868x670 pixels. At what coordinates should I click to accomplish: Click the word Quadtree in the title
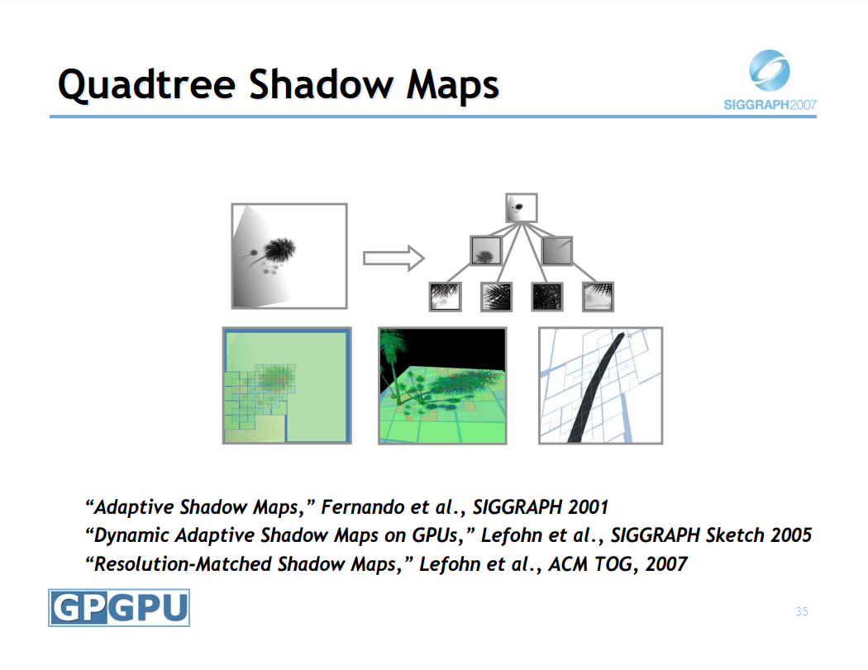pyautogui.click(x=146, y=84)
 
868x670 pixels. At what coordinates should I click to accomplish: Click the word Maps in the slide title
pyautogui.click(x=453, y=84)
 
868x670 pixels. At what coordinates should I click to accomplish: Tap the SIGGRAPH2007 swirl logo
pyautogui.click(x=770, y=70)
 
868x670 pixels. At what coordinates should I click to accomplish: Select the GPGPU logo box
pyautogui.click(x=119, y=607)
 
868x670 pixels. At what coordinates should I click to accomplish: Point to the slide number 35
pyautogui.click(x=802, y=611)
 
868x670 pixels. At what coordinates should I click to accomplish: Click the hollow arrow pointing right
pyautogui.click(x=393, y=258)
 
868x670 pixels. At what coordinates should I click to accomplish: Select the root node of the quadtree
pyautogui.click(x=522, y=208)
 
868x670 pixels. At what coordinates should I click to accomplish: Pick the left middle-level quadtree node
pyautogui.click(x=486, y=250)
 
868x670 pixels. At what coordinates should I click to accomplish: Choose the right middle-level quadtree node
pyautogui.click(x=557, y=250)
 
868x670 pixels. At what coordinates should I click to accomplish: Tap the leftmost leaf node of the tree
pyautogui.click(x=445, y=297)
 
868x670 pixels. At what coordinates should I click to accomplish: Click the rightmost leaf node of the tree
pyautogui.click(x=598, y=297)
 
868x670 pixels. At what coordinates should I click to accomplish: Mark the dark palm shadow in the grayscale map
pyautogui.click(x=279, y=250)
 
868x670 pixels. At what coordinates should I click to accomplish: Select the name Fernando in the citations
pyautogui.click(x=363, y=506)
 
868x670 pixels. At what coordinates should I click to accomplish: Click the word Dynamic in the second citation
pyautogui.click(x=131, y=535)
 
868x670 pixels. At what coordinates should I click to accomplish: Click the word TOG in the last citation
pyautogui.click(x=615, y=563)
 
